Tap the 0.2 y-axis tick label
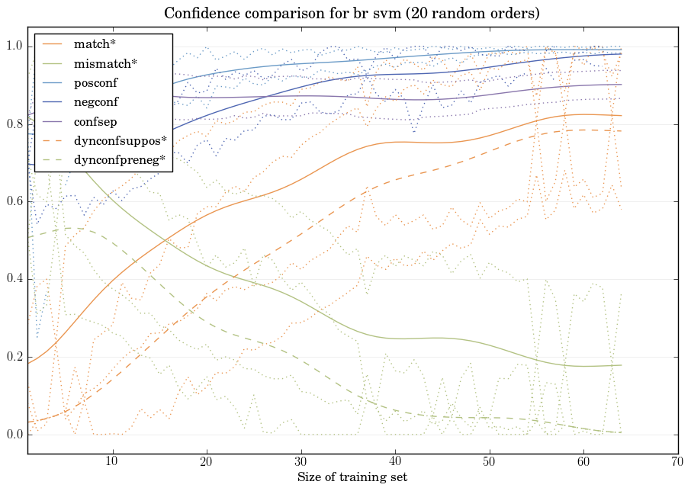tap(14, 358)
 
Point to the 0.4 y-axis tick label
tap(14, 280)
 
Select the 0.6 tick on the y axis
tap(14, 202)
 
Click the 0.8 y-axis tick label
tap(14, 124)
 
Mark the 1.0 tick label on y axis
tap(14, 47)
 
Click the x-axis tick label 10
tap(113, 462)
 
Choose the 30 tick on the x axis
tap(301, 462)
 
